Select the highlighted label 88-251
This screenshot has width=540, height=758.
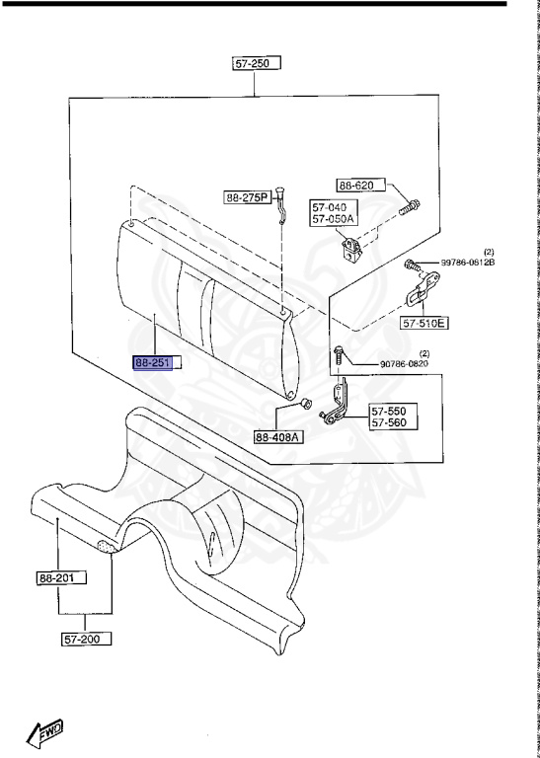(x=153, y=362)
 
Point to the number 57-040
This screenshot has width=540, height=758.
(x=329, y=207)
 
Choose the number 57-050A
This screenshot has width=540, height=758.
(x=333, y=219)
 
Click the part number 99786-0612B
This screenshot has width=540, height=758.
(x=468, y=263)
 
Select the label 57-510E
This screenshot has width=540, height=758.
(x=424, y=323)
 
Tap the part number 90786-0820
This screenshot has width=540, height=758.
(x=404, y=364)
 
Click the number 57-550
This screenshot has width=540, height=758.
(x=389, y=412)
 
